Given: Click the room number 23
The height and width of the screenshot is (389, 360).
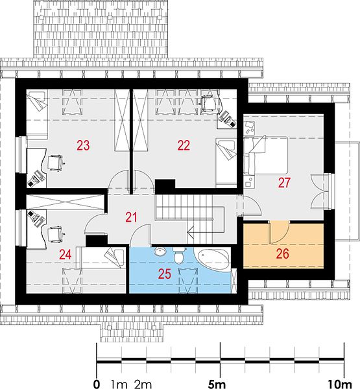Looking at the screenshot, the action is pyautogui.click(x=83, y=145).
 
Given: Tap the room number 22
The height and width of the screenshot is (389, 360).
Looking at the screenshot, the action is pyautogui.click(x=184, y=145).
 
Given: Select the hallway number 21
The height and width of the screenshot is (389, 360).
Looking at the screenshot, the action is pyautogui.click(x=131, y=217).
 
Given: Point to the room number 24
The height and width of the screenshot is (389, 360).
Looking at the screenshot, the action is pyautogui.click(x=66, y=255).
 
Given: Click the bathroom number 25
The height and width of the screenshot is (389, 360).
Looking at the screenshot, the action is pyautogui.click(x=165, y=274).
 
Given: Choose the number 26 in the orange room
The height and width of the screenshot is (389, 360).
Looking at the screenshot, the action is pyautogui.click(x=283, y=253).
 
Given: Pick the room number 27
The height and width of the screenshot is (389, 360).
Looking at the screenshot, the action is pyautogui.click(x=284, y=183).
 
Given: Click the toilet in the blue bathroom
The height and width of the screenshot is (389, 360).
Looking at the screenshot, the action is pyautogui.click(x=179, y=255).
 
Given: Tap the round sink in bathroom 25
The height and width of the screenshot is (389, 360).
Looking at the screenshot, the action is pyautogui.click(x=160, y=252).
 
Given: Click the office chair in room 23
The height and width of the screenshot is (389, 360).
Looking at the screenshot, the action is pyautogui.click(x=56, y=163).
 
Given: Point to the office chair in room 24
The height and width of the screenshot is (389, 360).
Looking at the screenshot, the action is pyautogui.click(x=55, y=235).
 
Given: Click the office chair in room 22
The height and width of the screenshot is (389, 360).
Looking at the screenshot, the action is pyautogui.click(x=208, y=102).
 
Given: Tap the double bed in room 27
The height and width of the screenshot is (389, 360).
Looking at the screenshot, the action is pyautogui.click(x=266, y=155).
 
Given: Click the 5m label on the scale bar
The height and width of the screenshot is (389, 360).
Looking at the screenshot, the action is pyautogui.click(x=217, y=384).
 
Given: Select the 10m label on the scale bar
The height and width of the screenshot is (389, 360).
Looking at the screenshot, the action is pyautogui.click(x=339, y=384).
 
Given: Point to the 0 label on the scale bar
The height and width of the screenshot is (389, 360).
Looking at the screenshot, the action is pyautogui.click(x=97, y=384).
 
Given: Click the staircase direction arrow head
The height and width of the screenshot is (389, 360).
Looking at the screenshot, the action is pyautogui.click(x=191, y=233).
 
